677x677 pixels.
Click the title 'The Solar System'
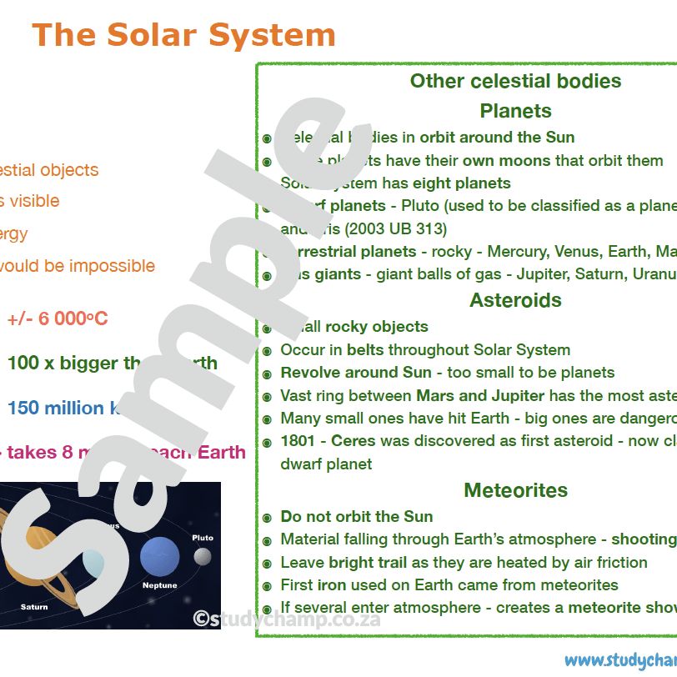pos(183,35)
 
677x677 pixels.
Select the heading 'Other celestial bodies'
pos(515,81)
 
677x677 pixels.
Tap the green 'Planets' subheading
pos(515,111)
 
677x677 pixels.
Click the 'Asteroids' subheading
pos(515,300)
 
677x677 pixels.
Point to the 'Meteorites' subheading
pos(515,490)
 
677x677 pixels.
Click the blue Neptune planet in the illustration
pos(159,556)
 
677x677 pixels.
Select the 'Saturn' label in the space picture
pos(34,607)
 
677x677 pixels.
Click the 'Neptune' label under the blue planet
pos(159,585)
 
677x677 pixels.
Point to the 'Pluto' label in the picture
pos(203,538)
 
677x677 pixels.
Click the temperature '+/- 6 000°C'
pos(58,319)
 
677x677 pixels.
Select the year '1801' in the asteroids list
pos(298,441)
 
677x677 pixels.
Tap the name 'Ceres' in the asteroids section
pos(354,441)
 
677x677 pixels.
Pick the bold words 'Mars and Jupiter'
pos(480,396)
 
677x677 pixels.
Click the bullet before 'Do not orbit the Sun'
pos(267,518)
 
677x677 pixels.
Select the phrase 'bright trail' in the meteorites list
pos(368,563)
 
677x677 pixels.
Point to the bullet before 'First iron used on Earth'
pos(267,586)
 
